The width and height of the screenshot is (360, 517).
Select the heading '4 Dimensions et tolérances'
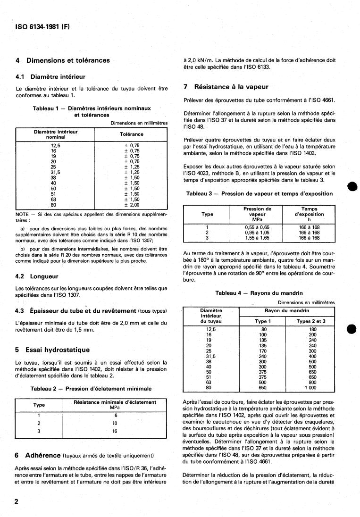point(62,60)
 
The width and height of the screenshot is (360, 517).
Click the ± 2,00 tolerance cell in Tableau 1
point(132,205)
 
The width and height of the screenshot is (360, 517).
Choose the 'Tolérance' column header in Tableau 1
point(132,134)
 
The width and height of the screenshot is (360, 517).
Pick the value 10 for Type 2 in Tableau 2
point(115,423)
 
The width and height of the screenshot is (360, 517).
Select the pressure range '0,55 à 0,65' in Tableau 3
point(257,227)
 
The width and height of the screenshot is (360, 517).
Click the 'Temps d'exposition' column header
point(310,211)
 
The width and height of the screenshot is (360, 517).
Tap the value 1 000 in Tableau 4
point(310,388)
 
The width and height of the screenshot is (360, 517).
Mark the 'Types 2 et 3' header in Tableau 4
point(311,321)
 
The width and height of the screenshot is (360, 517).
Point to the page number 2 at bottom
point(17,501)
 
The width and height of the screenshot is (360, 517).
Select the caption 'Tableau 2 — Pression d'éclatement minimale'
point(91,389)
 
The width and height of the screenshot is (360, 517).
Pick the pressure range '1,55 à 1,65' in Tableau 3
point(257,238)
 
